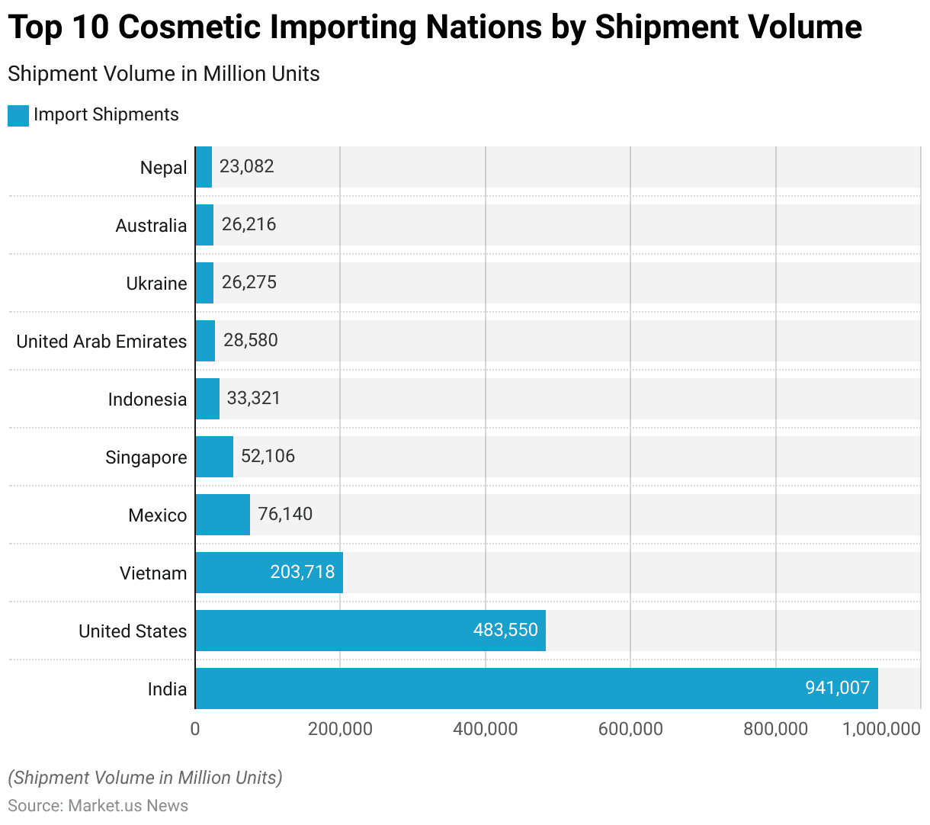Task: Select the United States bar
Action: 370,631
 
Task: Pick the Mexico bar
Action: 223,515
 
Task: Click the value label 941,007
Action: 837,688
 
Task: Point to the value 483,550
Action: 505,630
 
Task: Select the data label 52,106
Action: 268,456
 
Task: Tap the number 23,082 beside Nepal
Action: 246,166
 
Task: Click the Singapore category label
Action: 146,457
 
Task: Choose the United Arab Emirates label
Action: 101,342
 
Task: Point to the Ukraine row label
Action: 156,284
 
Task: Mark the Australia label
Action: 151,226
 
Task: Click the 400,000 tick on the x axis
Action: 486,729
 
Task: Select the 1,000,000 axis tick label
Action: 881,729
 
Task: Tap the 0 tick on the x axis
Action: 195,729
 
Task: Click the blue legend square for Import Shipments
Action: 18,115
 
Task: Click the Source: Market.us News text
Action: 98,806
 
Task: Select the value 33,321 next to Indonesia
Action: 254,398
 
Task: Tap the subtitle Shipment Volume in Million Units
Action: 164,74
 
